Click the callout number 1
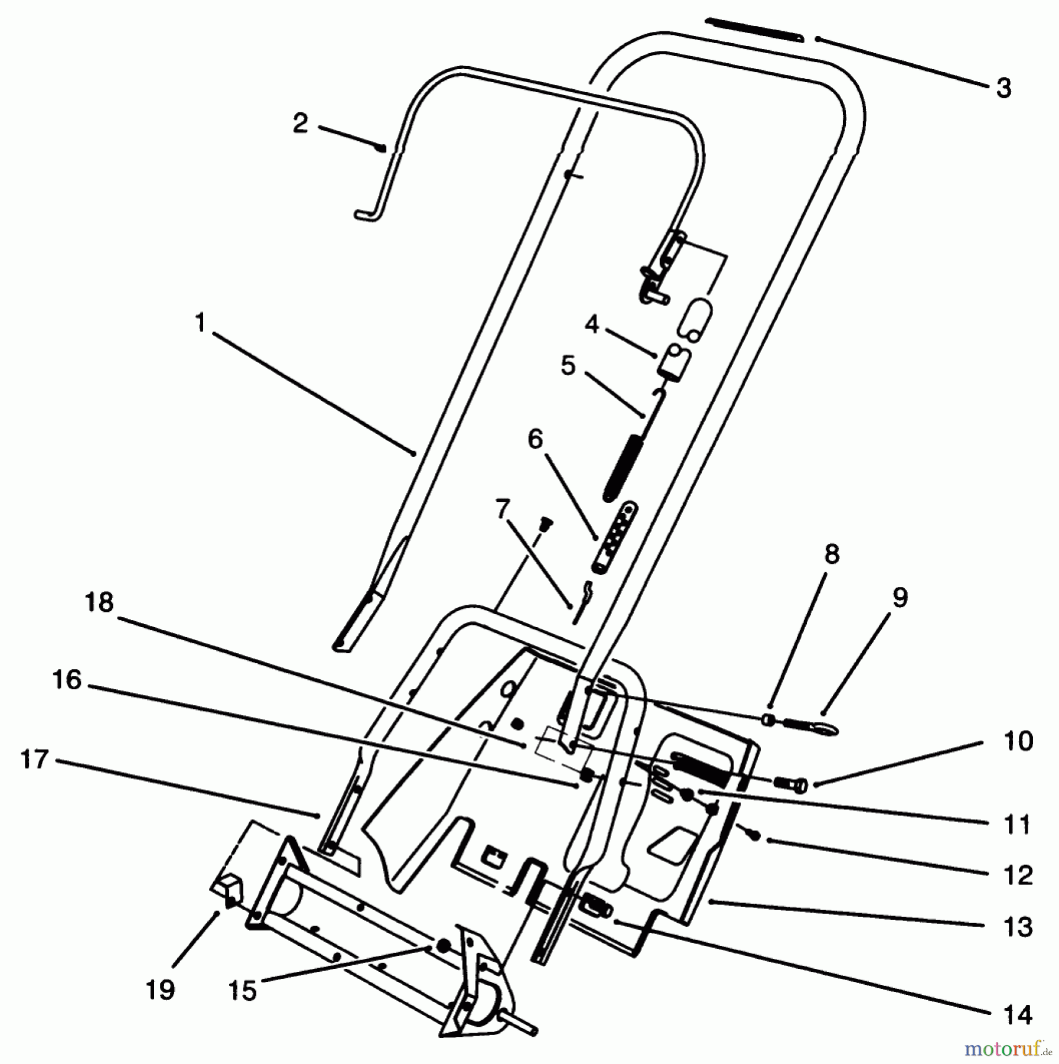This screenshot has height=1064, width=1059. coord(201,323)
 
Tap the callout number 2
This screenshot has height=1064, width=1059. coord(301,124)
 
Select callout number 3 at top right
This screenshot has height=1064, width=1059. coord(1003,88)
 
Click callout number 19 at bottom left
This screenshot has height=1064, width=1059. coord(161,989)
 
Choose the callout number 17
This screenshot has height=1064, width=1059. coord(34,759)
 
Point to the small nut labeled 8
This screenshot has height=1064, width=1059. coord(768,719)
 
